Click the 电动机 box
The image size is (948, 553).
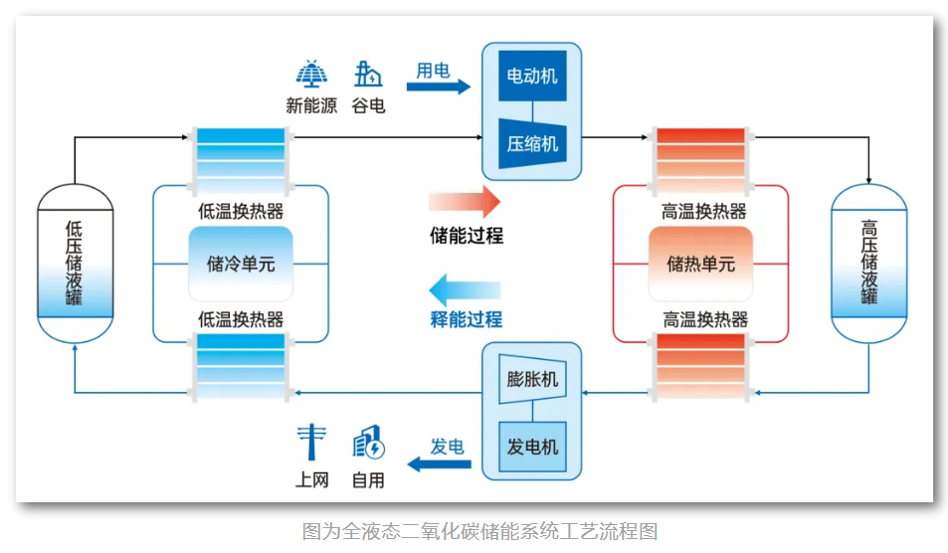click(532, 77)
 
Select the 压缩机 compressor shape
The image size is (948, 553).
click(532, 141)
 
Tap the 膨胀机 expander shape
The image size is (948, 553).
click(532, 380)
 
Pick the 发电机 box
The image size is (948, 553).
click(532, 446)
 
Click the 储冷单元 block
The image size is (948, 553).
click(241, 264)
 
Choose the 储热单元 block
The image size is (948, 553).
click(700, 264)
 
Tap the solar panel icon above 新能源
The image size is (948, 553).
click(311, 75)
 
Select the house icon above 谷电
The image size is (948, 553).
click(368, 75)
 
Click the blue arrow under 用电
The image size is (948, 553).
click(438, 88)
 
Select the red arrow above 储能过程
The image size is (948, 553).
click(465, 201)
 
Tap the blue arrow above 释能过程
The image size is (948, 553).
click(465, 291)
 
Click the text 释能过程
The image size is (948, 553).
click(466, 319)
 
